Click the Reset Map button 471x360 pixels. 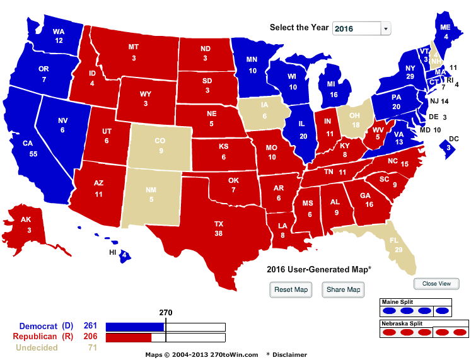pos(292,289)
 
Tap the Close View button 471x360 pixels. pos(436,284)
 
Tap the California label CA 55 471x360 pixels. pos(28,148)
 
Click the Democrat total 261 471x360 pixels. pos(90,326)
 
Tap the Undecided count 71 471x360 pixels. pos(92,347)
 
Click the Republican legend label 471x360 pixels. pos(38,337)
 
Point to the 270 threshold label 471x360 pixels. pos(165,312)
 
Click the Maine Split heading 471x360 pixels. pos(397,303)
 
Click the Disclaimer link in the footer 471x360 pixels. pos(289,355)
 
